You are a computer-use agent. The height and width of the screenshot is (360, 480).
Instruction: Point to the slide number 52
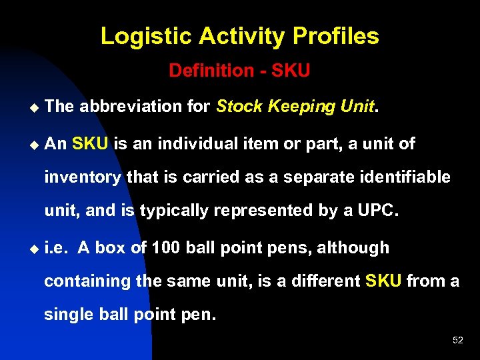coord(457,340)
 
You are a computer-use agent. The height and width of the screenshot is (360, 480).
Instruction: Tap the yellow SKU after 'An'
coord(89,143)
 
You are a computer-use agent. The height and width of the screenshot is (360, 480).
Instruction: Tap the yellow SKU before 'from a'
coord(383,281)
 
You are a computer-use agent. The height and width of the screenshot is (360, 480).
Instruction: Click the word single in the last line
coord(68,315)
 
